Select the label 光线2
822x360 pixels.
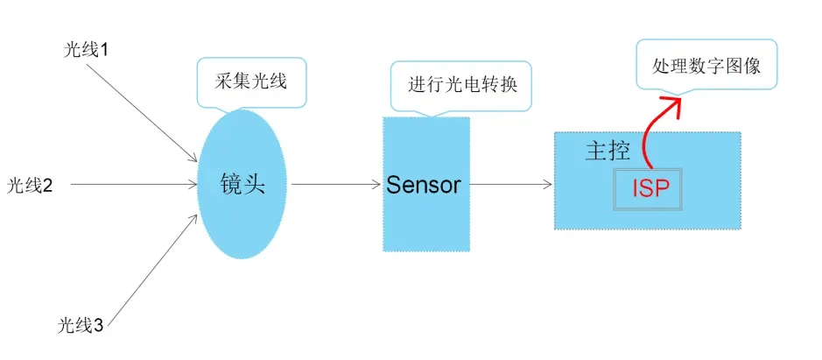[x=31, y=186]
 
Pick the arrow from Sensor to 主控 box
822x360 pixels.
[x=511, y=185]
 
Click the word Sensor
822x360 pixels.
[x=424, y=185]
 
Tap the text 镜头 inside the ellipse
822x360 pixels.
[x=242, y=185]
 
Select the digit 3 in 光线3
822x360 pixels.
[x=98, y=327]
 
